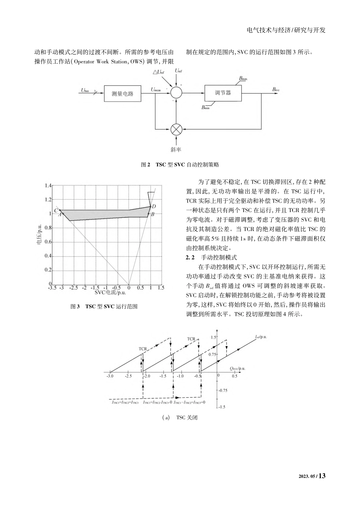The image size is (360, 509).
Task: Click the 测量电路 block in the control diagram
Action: (x=122, y=94)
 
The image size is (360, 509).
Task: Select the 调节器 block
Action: (x=223, y=93)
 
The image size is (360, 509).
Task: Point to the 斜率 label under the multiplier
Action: (x=176, y=149)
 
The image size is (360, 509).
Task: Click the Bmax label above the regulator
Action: (x=243, y=79)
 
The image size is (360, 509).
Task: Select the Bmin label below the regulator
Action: (x=205, y=108)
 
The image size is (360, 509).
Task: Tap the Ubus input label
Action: (x=85, y=91)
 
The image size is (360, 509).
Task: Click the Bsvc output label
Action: (x=276, y=89)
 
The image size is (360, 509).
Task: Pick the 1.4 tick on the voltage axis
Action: (x=47, y=186)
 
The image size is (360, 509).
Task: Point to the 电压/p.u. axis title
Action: (x=39, y=235)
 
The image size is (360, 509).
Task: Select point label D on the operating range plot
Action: (x=153, y=206)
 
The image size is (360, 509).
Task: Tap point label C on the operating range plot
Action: (x=56, y=210)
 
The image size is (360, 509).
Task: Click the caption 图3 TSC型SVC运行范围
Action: (x=104, y=306)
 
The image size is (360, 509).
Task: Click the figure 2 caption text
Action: (x=180, y=165)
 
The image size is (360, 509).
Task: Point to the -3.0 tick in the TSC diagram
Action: (x=110, y=376)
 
